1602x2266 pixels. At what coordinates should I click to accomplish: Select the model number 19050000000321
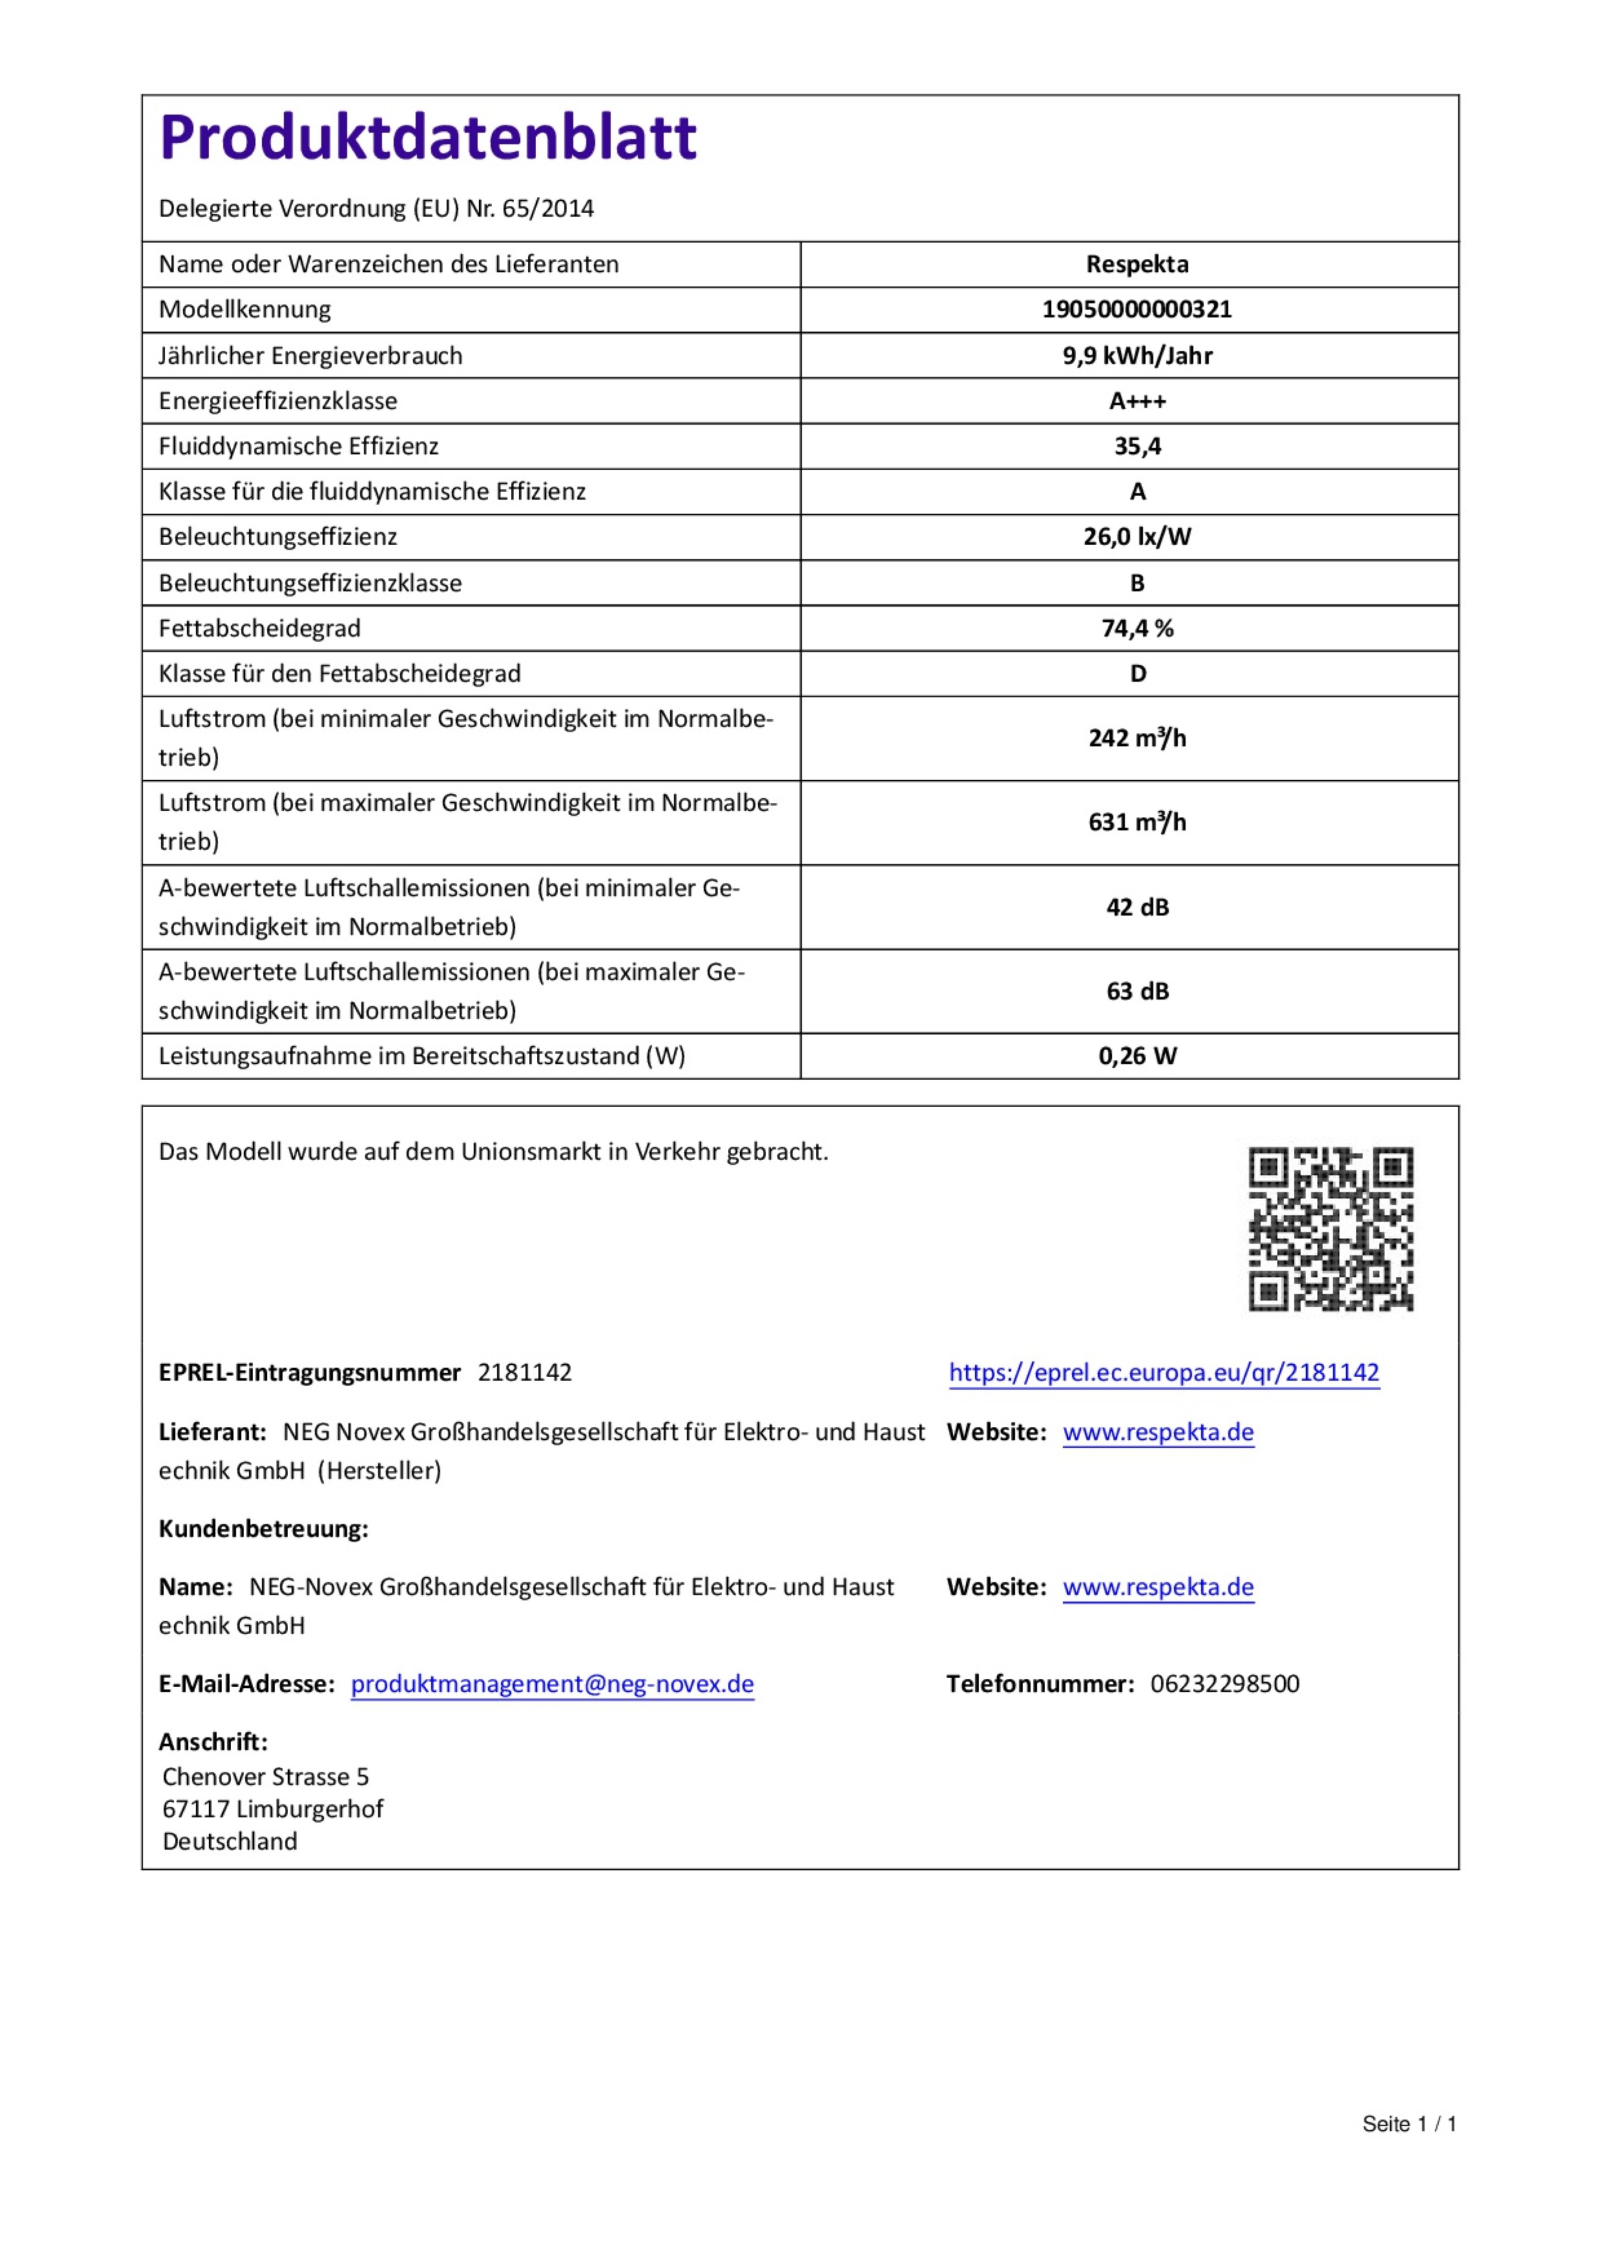point(1136,310)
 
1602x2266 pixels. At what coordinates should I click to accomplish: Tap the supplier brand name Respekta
point(1136,265)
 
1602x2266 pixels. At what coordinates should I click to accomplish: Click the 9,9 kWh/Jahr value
point(1136,355)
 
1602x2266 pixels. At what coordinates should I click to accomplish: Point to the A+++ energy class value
point(1136,401)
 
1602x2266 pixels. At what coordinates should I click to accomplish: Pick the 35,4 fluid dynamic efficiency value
point(1136,446)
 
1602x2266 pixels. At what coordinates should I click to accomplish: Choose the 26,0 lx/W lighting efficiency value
point(1136,537)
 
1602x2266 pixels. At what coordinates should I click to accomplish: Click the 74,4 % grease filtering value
point(1136,629)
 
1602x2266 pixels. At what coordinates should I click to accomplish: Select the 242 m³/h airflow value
point(1136,738)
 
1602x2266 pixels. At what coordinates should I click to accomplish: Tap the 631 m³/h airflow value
point(1136,822)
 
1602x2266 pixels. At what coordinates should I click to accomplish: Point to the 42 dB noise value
point(1136,907)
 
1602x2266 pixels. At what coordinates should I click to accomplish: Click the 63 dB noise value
point(1136,991)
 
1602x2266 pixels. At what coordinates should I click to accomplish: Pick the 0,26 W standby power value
point(1136,1056)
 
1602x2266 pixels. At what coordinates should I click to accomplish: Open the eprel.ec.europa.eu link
point(1163,1372)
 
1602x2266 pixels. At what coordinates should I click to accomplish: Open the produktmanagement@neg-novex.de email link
point(552,1684)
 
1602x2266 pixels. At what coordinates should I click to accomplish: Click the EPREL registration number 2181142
point(524,1373)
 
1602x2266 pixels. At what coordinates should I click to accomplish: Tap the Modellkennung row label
point(245,310)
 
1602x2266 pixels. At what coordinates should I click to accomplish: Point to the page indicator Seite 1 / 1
point(1408,2124)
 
